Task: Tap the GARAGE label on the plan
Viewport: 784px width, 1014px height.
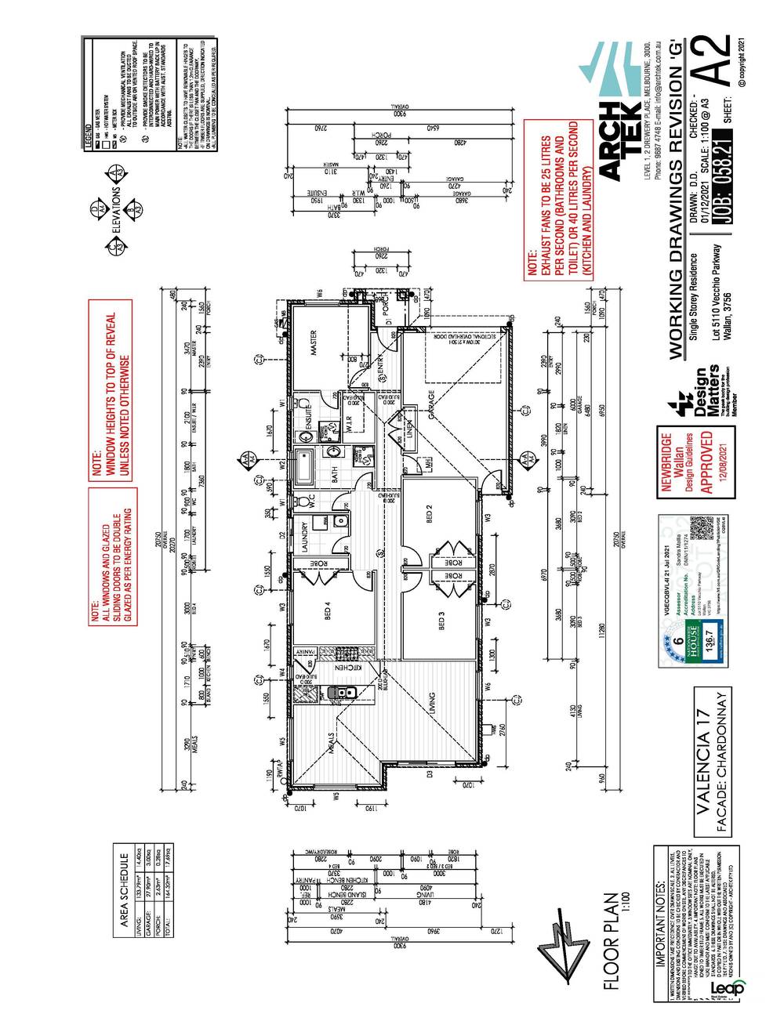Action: (431, 405)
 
